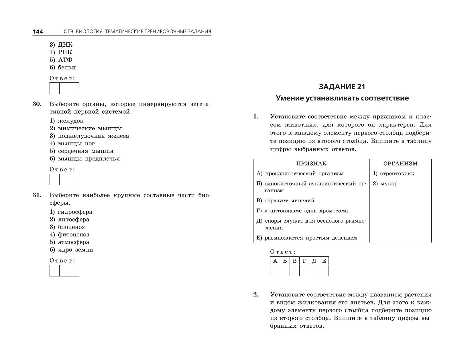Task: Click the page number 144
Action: (x=38, y=32)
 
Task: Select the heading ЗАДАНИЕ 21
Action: (x=342, y=87)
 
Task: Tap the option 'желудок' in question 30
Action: (x=70, y=121)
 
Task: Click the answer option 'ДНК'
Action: (x=65, y=45)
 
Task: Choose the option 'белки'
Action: (x=67, y=68)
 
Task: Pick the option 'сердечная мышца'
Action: (x=85, y=151)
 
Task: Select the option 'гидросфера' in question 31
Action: (x=75, y=212)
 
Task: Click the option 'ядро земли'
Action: (x=75, y=250)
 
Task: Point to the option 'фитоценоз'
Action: (x=73, y=235)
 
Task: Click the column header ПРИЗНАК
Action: (x=311, y=164)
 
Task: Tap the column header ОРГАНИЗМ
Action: (x=400, y=164)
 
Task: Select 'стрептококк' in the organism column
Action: (x=397, y=174)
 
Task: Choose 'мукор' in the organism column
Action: (x=389, y=184)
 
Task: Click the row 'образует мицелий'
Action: (x=289, y=201)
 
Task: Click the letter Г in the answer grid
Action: (x=304, y=261)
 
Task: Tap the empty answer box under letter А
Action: (x=275, y=270)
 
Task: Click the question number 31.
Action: (x=37, y=195)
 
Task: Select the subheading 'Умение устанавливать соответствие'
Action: (x=342, y=98)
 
